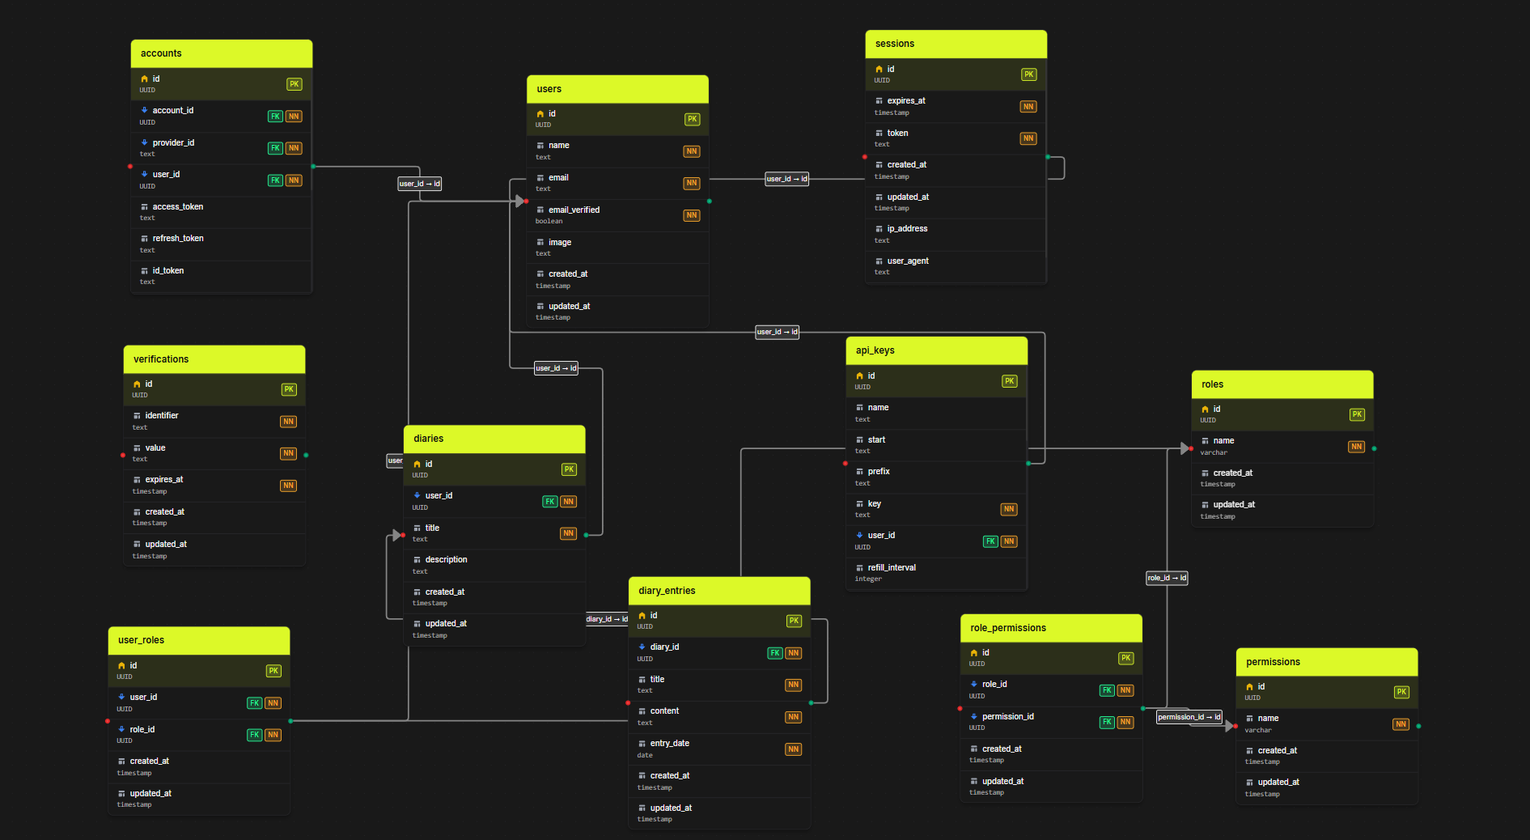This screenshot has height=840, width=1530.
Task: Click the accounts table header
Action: tap(221, 53)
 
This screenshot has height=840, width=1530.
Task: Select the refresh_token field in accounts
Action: tap(178, 239)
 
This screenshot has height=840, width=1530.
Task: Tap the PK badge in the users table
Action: tap(692, 119)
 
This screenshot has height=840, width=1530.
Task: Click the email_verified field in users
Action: tap(574, 210)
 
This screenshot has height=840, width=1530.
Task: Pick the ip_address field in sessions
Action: tap(907, 229)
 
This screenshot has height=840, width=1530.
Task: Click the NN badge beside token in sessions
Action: tap(1028, 138)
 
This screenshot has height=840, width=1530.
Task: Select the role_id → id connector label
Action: tap(1166, 578)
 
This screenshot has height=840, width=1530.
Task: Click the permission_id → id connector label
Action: tap(1189, 717)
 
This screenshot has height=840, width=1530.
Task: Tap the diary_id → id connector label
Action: tap(607, 619)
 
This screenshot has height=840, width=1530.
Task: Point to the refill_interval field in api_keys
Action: tap(892, 568)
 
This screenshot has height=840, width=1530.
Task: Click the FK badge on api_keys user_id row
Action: tap(990, 541)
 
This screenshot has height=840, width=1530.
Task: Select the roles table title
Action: tap(1212, 384)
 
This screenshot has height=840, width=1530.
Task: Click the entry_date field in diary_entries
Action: tap(669, 744)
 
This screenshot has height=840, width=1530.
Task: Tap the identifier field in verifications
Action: tap(162, 416)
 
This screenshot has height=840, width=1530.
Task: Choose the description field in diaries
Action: tap(446, 560)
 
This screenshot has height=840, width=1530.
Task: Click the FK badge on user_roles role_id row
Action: tap(254, 735)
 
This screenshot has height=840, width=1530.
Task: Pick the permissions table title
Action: tap(1273, 662)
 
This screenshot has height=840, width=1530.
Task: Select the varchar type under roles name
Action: tap(1213, 452)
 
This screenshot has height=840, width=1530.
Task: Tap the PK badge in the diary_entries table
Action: tap(794, 621)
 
